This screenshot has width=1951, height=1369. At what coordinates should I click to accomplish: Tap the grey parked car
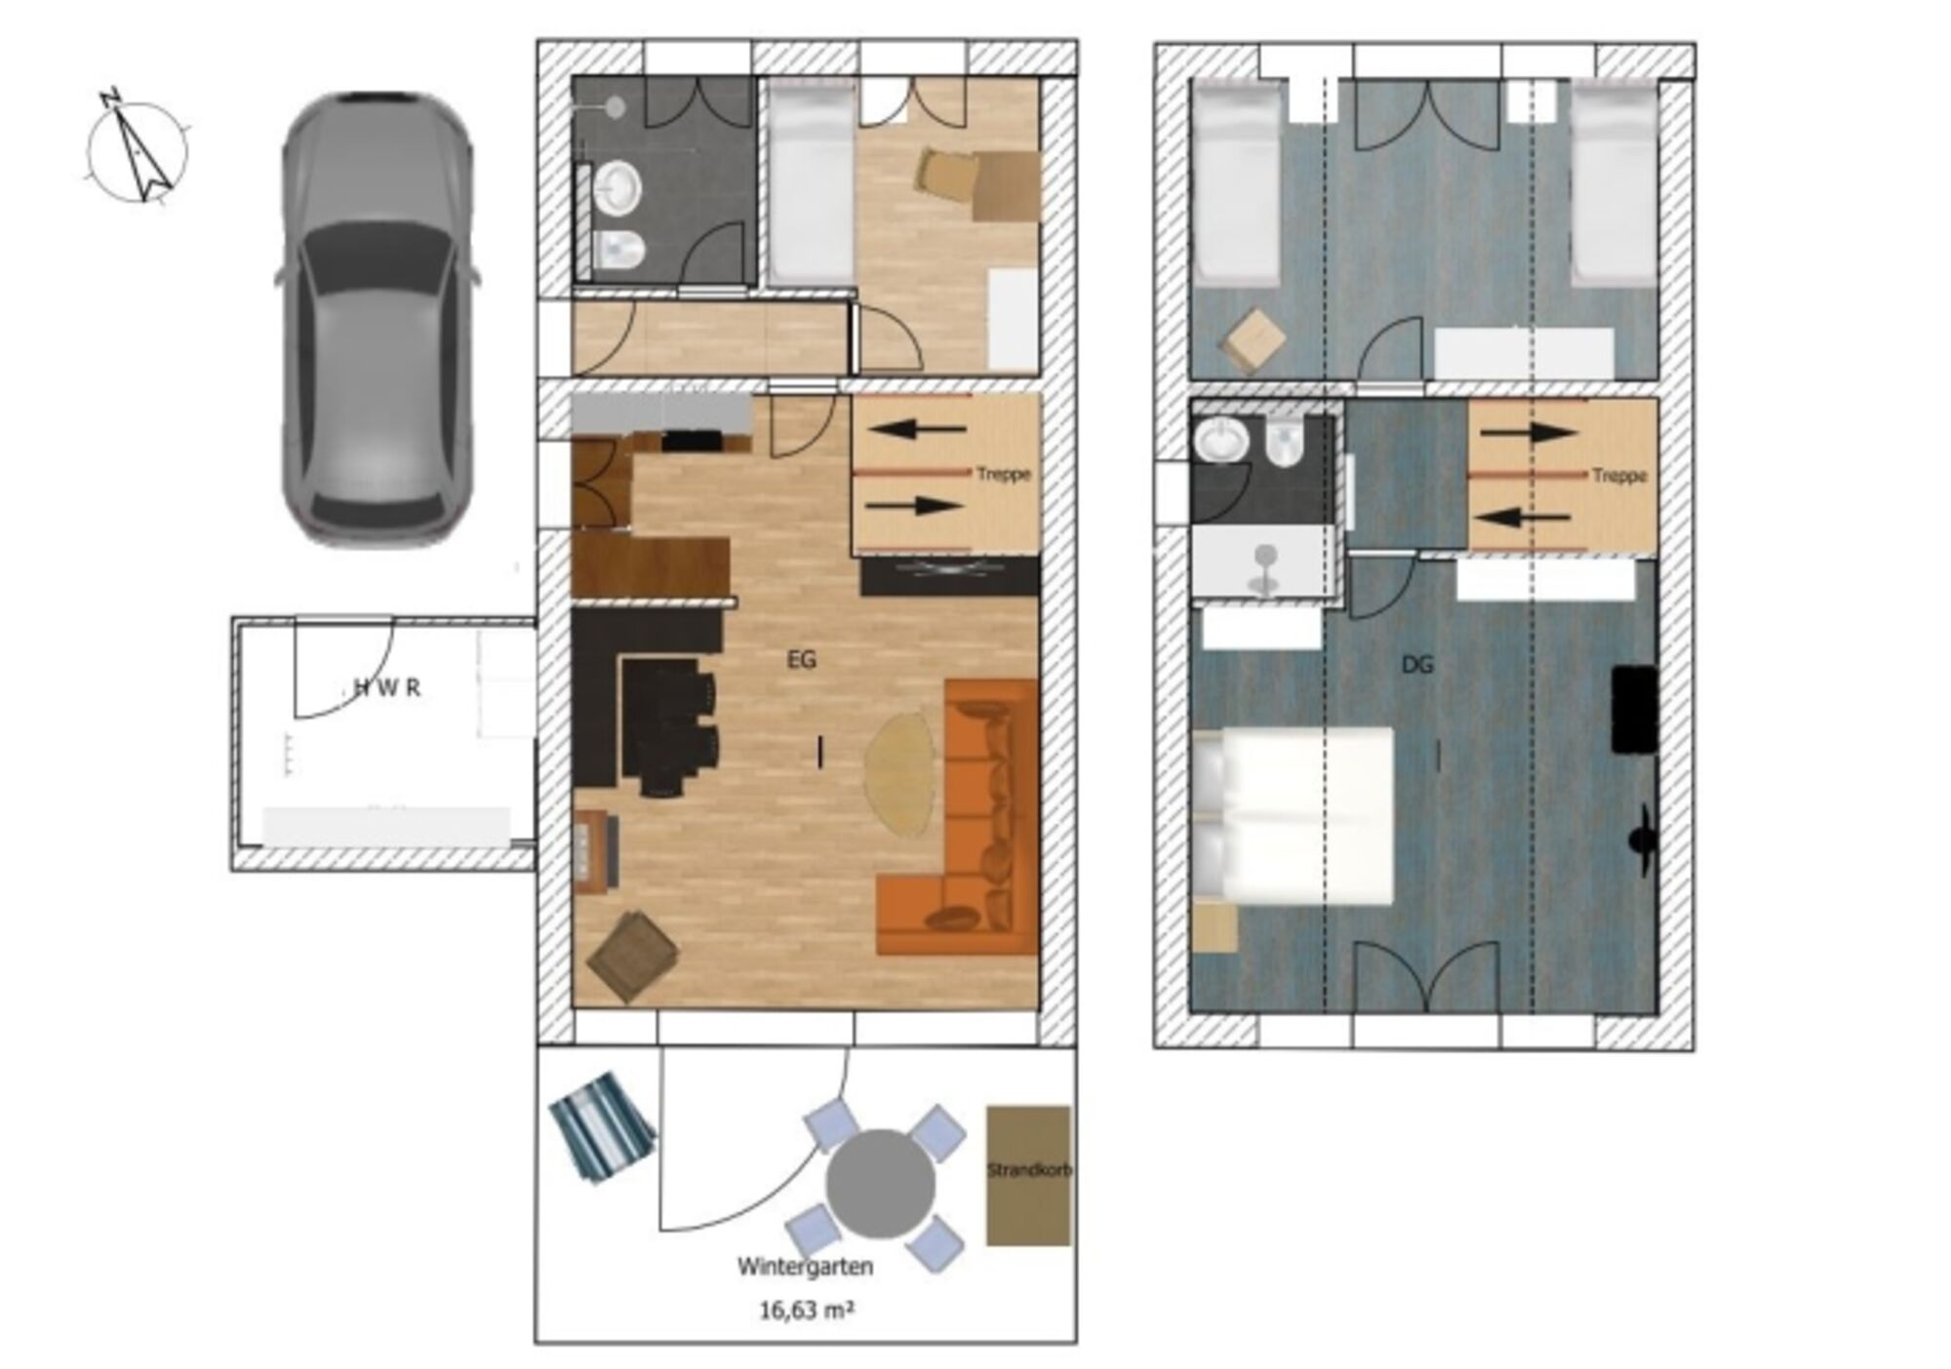[x=378, y=318]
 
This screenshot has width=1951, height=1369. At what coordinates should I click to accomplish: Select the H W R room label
[x=387, y=688]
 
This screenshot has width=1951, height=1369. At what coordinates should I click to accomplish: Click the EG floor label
[x=801, y=660]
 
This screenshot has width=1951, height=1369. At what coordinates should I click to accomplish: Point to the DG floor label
[x=1416, y=665]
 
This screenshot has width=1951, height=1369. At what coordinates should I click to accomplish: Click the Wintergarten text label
[x=805, y=1267]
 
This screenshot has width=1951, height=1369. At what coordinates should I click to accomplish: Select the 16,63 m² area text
[x=807, y=1310]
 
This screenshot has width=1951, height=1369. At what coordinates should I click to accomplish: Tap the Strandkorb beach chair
[x=1028, y=1175]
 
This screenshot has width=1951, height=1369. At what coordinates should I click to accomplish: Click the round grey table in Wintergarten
[x=880, y=1184]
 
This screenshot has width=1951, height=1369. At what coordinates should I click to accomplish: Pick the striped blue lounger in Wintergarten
[x=602, y=1127]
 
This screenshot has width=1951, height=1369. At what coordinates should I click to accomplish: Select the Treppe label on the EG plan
[x=1004, y=475]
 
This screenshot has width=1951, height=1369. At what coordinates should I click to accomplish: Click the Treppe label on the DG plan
[x=1619, y=476]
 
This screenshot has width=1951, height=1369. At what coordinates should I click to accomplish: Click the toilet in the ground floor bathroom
[x=618, y=252]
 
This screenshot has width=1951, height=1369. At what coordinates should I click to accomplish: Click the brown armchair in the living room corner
[x=633, y=956]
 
